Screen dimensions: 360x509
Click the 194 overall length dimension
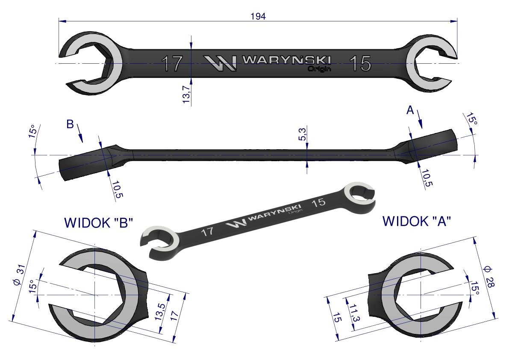(x=259, y=16)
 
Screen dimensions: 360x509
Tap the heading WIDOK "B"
(x=99, y=223)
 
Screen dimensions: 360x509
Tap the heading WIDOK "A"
(x=417, y=221)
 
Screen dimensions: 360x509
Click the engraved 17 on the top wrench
(x=172, y=64)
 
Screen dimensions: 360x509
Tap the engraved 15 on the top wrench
(x=360, y=64)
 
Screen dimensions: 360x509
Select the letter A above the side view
(x=410, y=111)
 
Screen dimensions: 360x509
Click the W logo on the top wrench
(x=220, y=63)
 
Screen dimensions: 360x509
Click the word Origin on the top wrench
(x=319, y=68)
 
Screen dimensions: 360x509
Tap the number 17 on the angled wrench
(x=207, y=232)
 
